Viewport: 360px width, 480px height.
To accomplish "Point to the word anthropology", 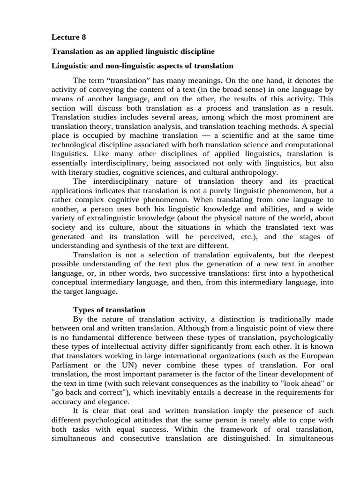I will point(255,173).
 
